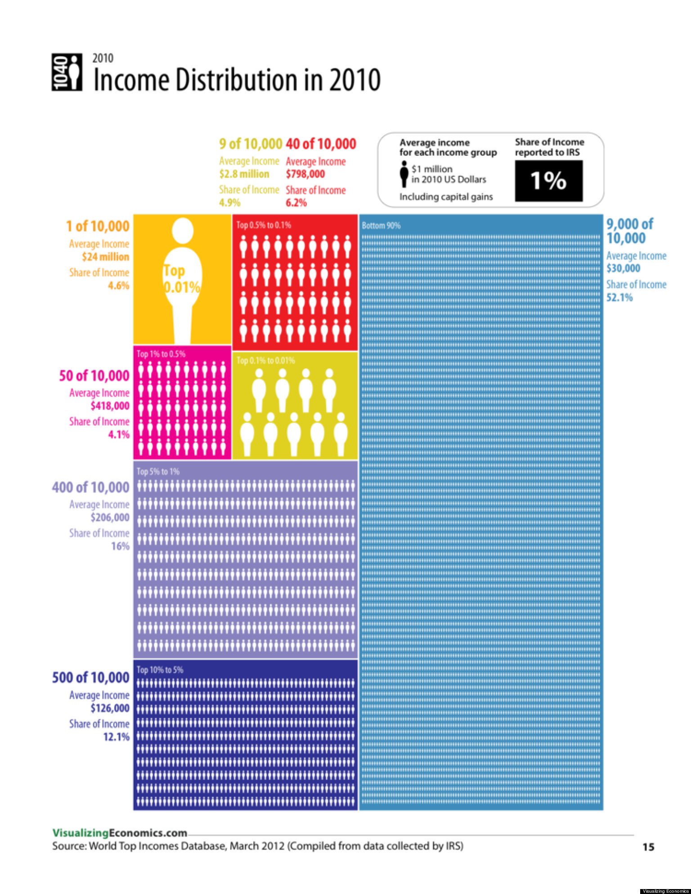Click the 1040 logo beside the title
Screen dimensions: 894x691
click(x=67, y=72)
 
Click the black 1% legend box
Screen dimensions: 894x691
click(x=548, y=180)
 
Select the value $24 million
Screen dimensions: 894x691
click(x=105, y=257)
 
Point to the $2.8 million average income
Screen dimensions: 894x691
click(x=244, y=174)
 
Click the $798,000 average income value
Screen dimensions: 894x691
click(x=305, y=174)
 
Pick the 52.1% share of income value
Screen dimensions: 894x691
click(x=619, y=297)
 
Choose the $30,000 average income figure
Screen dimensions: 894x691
click(x=623, y=268)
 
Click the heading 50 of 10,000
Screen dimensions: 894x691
click(x=94, y=375)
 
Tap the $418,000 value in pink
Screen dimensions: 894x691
click(x=110, y=406)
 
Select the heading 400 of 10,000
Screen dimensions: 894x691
click(x=90, y=487)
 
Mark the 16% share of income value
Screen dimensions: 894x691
click(x=120, y=546)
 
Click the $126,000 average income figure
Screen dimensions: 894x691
click(x=110, y=708)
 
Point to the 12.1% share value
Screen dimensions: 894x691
click(x=116, y=737)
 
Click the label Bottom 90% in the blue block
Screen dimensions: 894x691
click(x=381, y=225)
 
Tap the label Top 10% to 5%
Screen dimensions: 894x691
click(x=160, y=670)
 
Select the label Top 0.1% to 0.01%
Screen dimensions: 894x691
click(x=265, y=360)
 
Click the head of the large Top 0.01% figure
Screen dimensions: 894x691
click(x=183, y=231)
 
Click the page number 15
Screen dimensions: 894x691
click(x=648, y=847)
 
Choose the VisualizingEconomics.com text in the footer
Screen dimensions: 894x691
click(x=120, y=833)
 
